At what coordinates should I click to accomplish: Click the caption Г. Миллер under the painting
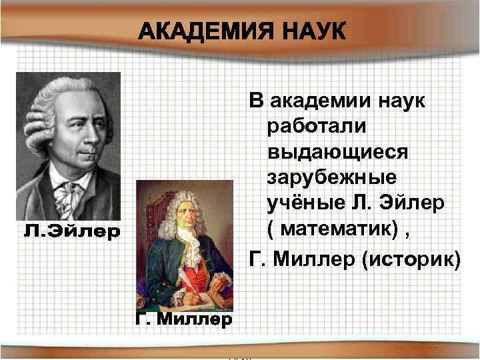(183, 321)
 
